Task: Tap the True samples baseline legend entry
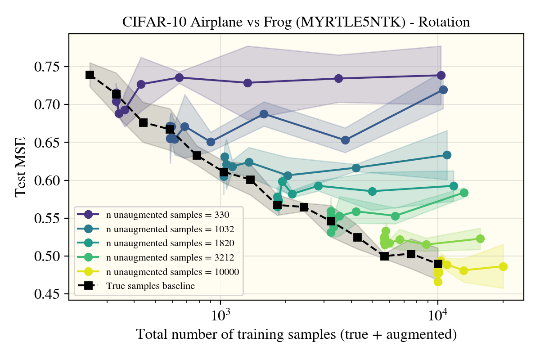click(x=150, y=285)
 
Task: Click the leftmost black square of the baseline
click(x=90, y=75)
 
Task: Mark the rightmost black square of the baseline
click(x=438, y=264)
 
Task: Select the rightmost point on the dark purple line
click(x=441, y=75)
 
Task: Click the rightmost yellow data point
click(x=503, y=266)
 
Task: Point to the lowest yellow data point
click(x=438, y=282)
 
